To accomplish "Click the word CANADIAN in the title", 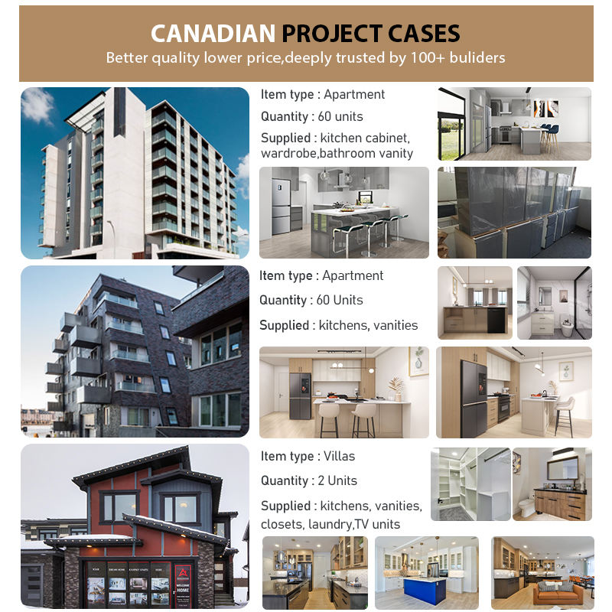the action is (213, 34).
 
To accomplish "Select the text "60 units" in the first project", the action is (340, 116).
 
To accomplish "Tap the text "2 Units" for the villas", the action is (337, 480).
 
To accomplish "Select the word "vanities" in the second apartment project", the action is (395, 325).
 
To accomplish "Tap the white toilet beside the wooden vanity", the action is (526, 506).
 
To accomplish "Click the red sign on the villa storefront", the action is (183, 583).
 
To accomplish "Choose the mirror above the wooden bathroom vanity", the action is (562, 467).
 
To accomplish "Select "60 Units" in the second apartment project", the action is (340, 300).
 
